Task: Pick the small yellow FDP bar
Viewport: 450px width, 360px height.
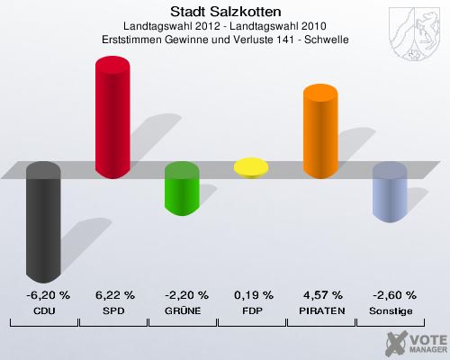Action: (251, 166)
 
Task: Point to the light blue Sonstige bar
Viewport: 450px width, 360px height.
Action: (390, 193)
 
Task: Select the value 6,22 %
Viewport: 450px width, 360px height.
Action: (114, 294)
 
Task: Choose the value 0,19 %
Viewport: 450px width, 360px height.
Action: (253, 294)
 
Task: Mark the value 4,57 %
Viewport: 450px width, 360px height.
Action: (322, 294)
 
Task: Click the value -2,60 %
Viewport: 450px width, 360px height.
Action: (390, 294)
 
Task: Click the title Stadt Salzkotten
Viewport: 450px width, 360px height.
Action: (224, 12)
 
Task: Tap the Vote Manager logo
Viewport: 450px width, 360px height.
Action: (416, 341)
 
